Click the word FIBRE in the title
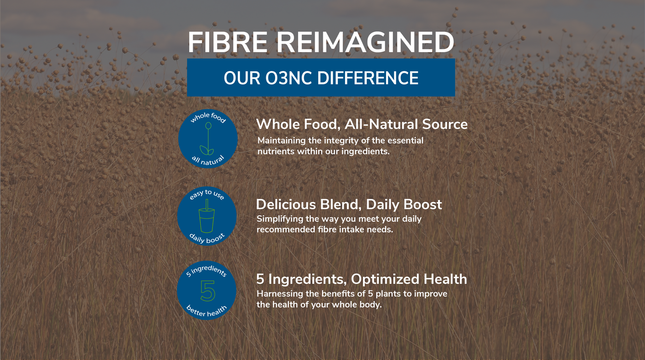[x=228, y=42]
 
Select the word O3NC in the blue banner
[x=288, y=78]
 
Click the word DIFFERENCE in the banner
[x=368, y=78]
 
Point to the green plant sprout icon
[x=208, y=138]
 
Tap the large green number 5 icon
[x=208, y=291]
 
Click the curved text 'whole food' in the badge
[x=208, y=117]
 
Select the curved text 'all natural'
[x=208, y=161]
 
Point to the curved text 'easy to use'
[x=207, y=194]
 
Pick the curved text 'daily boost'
[x=207, y=238]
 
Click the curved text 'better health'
[x=207, y=312]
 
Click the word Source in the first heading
[x=445, y=124]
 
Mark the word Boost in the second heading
[x=422, y=205]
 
